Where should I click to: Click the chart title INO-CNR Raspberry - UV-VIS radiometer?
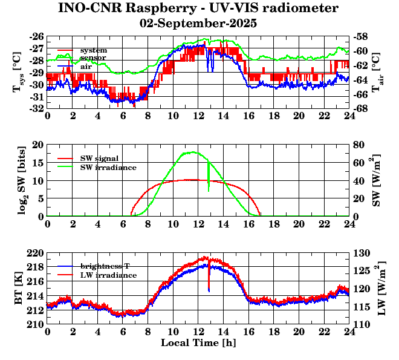click(198, 8)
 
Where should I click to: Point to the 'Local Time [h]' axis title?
click(198, 343)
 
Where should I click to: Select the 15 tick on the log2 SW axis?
click(37, 163)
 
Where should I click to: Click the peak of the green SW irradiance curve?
click(193, 152)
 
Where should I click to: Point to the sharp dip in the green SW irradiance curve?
click(209, 189)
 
